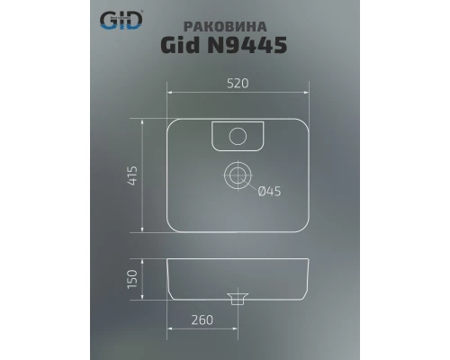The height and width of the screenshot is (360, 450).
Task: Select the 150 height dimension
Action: (x=132, y=280)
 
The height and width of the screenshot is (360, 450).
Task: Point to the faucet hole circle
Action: (x=238, y=136)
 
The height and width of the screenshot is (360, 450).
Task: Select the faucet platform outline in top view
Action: (x=238, y=137)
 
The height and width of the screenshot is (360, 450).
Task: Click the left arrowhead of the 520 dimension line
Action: (x=171, y=93)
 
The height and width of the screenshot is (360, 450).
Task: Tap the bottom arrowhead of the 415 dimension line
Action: (x=144, y=230)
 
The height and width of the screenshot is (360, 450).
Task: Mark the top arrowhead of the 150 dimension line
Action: (x=144, y=260)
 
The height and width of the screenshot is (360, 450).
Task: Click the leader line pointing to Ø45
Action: (x=253, y=184)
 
